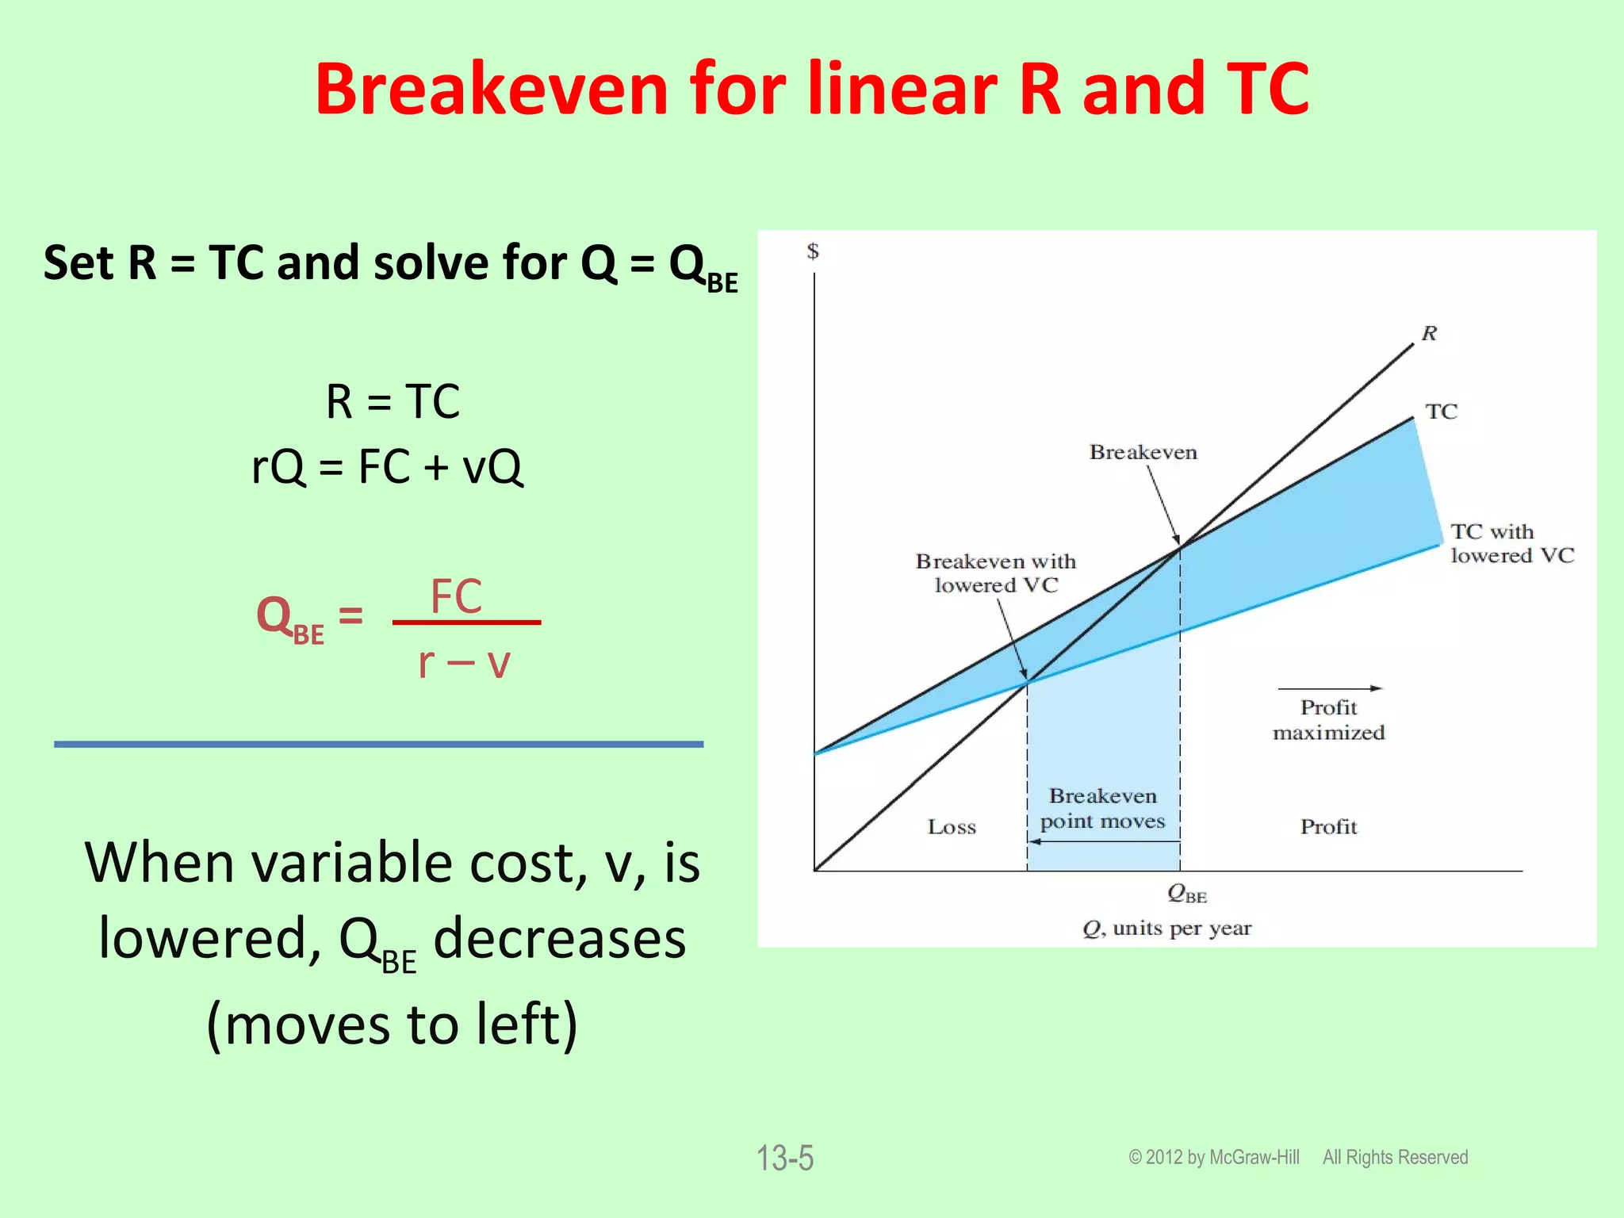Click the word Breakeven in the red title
pos(492,89)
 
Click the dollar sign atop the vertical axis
pos(813,251)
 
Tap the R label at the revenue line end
pos(1429,333)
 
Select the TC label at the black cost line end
pos(1441,412)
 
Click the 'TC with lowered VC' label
pos(1511,543)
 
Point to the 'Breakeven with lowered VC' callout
pos(996,573)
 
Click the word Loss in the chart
pos(952,827)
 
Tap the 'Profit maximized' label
pos(1329,720)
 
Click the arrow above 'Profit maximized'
pos(1330,688)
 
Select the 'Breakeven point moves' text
pos(1102,808)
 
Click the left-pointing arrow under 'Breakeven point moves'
pos(1102,841)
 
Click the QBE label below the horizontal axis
pos(1186,894)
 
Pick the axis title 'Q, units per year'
pos(1166,929)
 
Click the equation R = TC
pos(393,401)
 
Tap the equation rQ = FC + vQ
pos(387,466)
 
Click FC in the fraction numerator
pos(456,596)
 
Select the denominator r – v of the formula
pos(464,662)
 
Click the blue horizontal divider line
pos(378,744)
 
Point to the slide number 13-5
pos(784,1158)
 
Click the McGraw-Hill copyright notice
pos(1297,1157)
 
